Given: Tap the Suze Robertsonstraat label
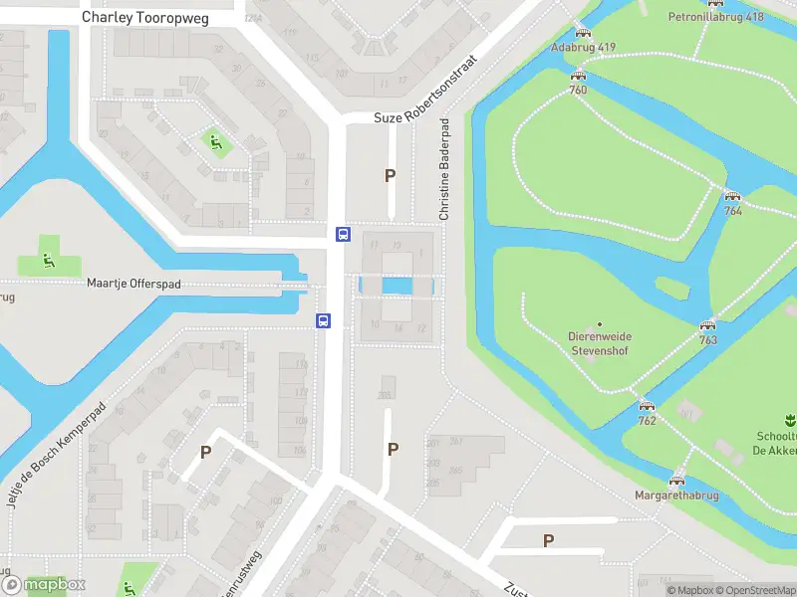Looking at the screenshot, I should pos(425,90).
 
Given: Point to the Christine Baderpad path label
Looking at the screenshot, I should pos(444,169).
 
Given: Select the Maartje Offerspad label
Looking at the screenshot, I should pos(133,284).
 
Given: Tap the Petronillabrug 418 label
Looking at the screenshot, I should pos(715,17).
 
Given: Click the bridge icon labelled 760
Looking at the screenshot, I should pos(578,77).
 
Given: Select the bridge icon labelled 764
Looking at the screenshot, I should pos(733,197).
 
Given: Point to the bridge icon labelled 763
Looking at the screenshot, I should pos(708,326).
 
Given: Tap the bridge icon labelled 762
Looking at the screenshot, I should pos(647,406).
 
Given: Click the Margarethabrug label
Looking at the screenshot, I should pos(677,495).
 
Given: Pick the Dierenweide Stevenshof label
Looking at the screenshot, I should pos(600,343).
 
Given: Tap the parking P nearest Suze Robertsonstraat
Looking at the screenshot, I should pos(391,175).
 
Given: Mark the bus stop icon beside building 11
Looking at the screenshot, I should pos(343,235).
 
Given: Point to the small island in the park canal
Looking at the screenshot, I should pos(671,288).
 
